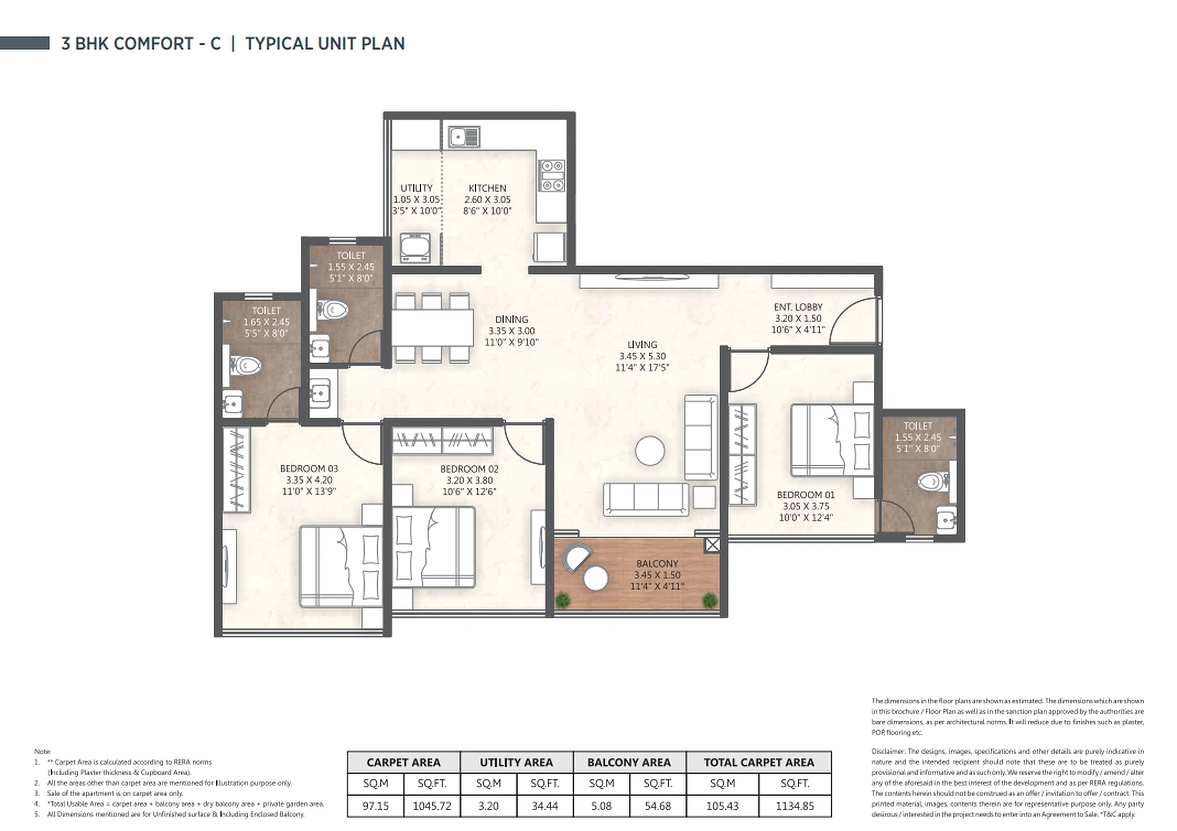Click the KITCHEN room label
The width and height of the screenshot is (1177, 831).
pos(487,188)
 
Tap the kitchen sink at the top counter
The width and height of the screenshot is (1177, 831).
pos(463,137)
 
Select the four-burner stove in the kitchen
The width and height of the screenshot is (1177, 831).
pos(552,175)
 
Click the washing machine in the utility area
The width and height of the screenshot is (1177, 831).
pos(415,247)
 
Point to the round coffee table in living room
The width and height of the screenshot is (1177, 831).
pos(650,451)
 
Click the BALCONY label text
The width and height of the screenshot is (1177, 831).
pos(657,564)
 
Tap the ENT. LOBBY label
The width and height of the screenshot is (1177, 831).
pos(798,307)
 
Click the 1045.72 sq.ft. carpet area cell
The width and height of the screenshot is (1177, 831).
pos(432,806)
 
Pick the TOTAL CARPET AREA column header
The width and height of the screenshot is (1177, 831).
pos(758,763)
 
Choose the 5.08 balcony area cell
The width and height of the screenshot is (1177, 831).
pos(601,806)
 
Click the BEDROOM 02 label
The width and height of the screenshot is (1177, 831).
pos(469,469)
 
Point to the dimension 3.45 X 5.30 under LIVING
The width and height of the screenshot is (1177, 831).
pos(642,357)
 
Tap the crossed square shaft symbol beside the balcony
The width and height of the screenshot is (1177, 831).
pos(712,545)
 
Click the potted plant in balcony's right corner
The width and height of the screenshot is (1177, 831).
pos(710,600)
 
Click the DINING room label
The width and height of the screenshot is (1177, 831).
pos(511,319)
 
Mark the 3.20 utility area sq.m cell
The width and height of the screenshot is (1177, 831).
pos(488,806)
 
